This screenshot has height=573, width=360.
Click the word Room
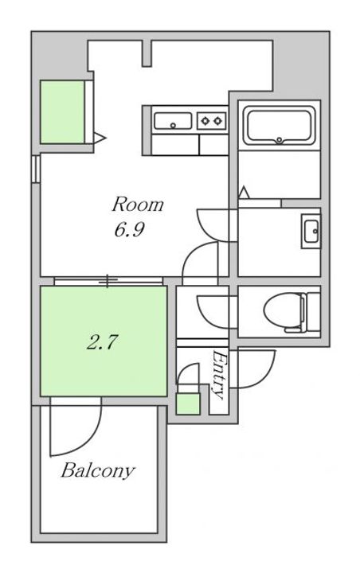click(138, 205)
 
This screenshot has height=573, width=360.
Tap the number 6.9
click(129, 230)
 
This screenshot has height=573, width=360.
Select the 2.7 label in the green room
click(102, 342)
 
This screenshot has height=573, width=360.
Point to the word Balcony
click(98, 471)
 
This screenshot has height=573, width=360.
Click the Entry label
click(218, 375)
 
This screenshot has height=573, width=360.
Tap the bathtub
click(280, 126)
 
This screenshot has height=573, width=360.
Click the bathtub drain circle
click(280, 139)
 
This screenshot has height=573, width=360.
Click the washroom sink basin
click(311, 231)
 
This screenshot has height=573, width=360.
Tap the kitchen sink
click(173, 121)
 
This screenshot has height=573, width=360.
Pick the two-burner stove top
click(212, 121)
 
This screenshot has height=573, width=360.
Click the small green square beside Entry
click(188, 403)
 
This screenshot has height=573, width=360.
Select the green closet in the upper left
click(62, 112)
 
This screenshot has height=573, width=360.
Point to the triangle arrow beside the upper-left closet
click(99, 138)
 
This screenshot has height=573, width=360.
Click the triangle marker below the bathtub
click(244, 193)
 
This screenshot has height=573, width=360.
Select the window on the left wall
click(36, 169)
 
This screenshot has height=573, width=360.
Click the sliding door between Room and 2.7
click(108, 281)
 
